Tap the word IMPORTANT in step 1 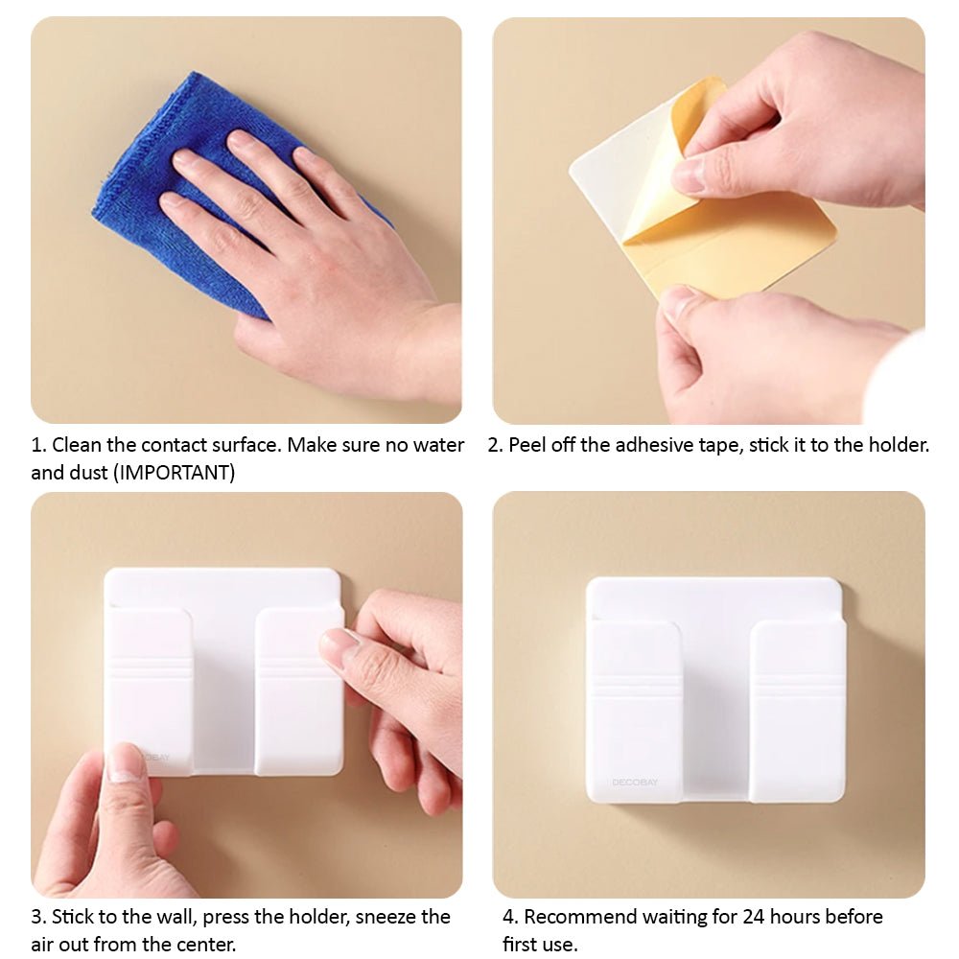pos(175,473)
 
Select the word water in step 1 pos(438,445)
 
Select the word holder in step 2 pos(898,445)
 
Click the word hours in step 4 pos(795,917)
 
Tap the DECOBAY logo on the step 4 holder pos(635,783)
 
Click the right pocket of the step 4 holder pos(798,711)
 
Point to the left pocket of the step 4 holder pos(634,711)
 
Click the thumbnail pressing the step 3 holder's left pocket pos(127,763)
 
